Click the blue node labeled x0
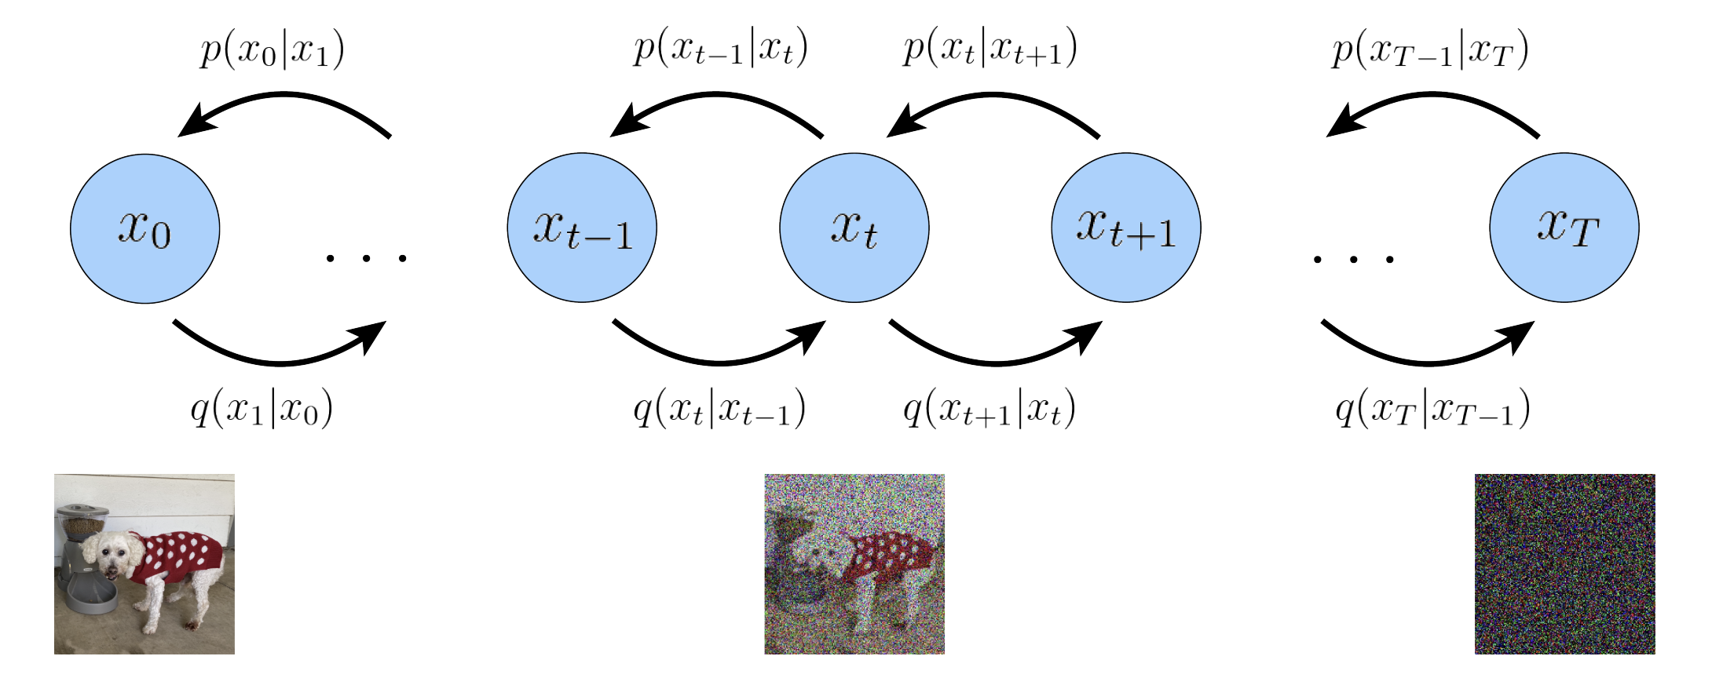coord(144,228)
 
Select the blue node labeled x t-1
coord(582,228)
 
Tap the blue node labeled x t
coord(854,228)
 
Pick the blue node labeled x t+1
coord(1125,228)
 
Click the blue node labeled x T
coord(1564,228)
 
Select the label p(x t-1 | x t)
coord(721,50)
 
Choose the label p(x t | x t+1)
coord(990,50)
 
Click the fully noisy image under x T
coord(1564,563)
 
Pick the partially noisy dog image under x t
coord(854,563)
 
